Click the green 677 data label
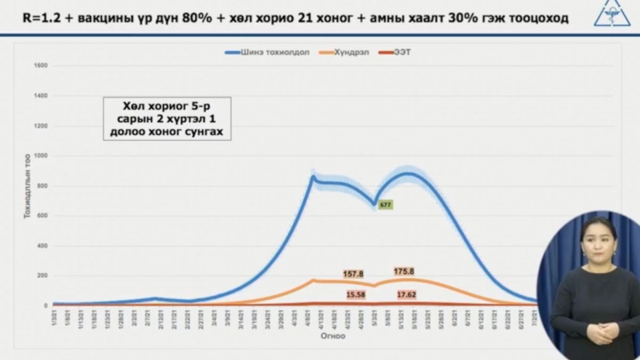(385, 204)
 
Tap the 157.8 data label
(353, 274)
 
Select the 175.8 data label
(404, 271)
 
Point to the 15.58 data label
(355, 294)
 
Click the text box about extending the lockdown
(167, 118)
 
